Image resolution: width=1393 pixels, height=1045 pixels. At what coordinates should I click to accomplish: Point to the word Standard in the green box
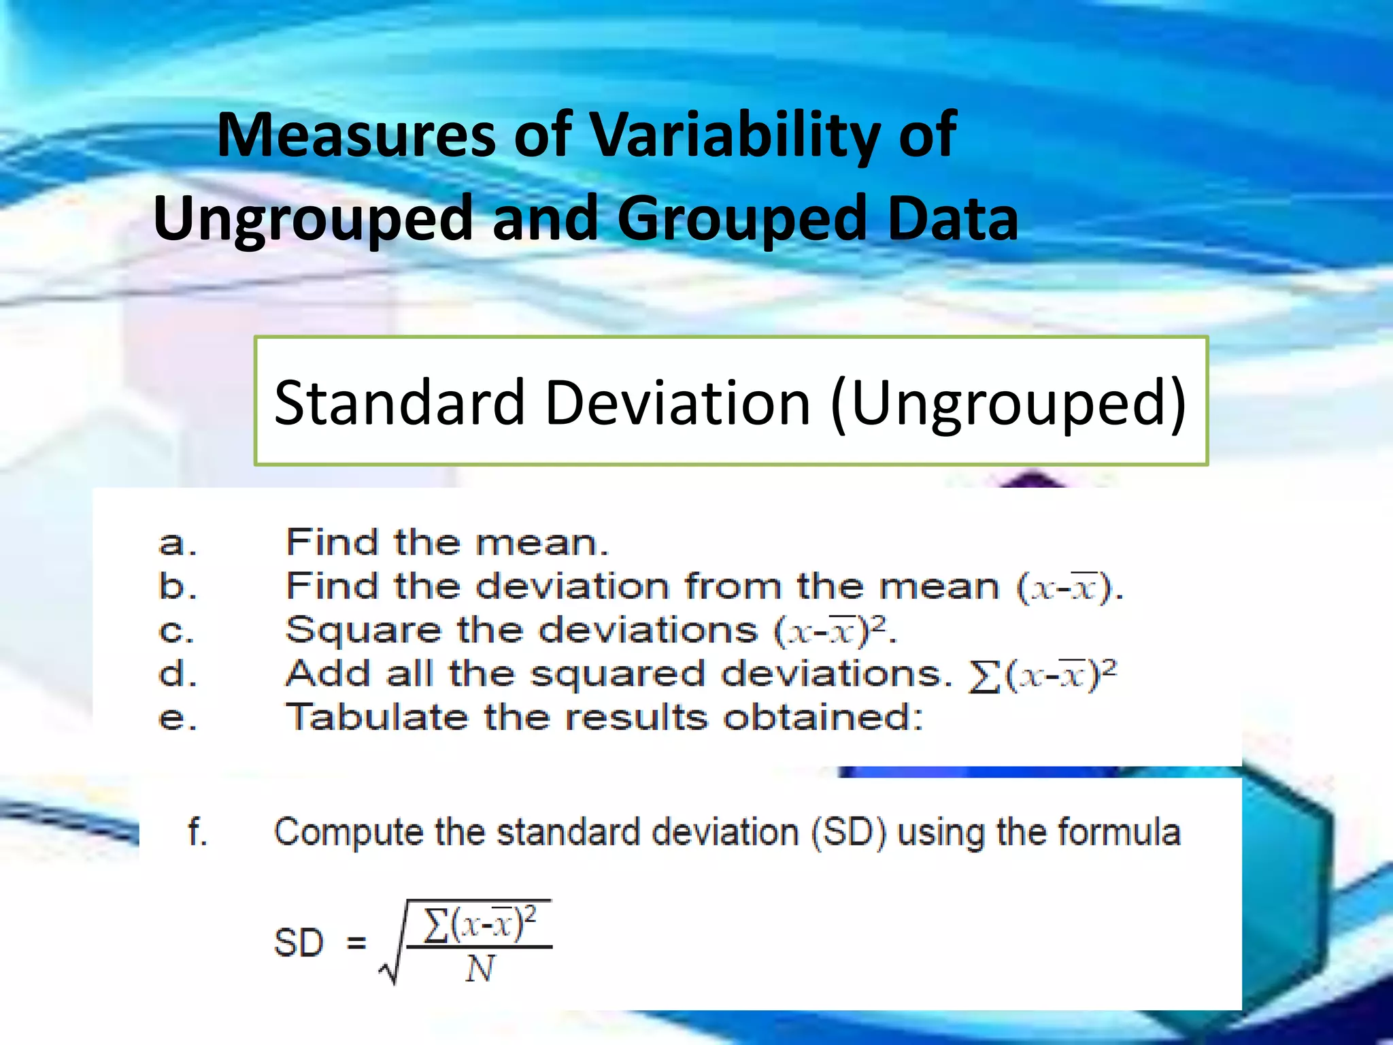click(x=399, y=403)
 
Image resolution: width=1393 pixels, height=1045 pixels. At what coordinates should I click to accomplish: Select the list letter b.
click(x=177, y=586)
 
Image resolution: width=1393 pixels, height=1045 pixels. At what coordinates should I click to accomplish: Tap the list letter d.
click(x=177, y=674)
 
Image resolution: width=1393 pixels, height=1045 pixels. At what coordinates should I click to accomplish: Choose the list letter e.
click(x=177, y=718)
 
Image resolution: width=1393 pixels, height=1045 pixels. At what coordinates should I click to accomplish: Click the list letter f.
click(x=197, y=831)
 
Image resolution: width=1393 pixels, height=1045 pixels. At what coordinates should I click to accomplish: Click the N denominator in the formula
click(x=480, y=969)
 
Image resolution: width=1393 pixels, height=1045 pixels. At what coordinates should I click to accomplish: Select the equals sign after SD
click(x=356, y=943)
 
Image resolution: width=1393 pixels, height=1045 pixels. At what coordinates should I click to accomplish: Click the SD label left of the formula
click(x=298, y=943)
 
